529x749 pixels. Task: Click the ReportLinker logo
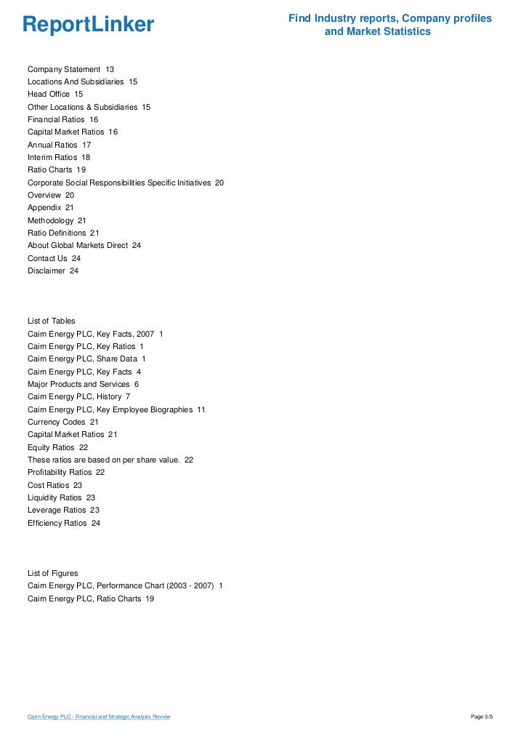tap(88, 25)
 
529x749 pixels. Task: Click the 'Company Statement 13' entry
tap(70, 69)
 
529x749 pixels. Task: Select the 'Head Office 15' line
tap(55, 95)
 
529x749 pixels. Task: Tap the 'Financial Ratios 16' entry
tap(62, 119)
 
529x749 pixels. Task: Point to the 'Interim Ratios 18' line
tap(59, 157)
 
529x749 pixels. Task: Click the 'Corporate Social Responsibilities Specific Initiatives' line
tap(126, 183)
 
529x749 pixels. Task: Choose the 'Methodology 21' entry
tap(57, 220)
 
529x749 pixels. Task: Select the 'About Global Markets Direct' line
tap(84, 246)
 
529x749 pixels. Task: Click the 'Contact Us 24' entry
tap(54, 258)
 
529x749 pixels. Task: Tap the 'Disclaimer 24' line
tap(53, 271)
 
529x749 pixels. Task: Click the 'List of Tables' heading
tap(51, 321)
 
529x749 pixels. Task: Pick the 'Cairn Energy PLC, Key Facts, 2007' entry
tap(95, 334)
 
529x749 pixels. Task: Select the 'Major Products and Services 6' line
tap(83, 384)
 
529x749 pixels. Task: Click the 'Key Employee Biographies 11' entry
tap(116, 409)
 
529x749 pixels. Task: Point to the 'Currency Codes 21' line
tap(62, 422)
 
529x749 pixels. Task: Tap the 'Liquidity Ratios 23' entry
tap(61, 497)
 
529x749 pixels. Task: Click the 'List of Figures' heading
tap(52, 574)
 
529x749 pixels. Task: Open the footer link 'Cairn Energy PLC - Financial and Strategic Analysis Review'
tap(99, 717)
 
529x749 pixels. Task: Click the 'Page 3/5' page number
tap(482, 717)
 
